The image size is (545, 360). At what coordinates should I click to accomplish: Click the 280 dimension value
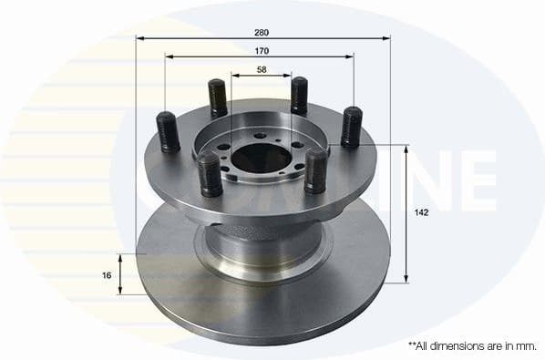262,32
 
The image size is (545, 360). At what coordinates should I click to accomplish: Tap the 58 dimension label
262,69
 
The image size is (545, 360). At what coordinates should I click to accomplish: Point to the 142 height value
419,211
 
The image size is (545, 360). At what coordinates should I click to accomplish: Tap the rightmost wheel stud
351,126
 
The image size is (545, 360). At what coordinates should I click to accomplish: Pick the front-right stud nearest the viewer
315,170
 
